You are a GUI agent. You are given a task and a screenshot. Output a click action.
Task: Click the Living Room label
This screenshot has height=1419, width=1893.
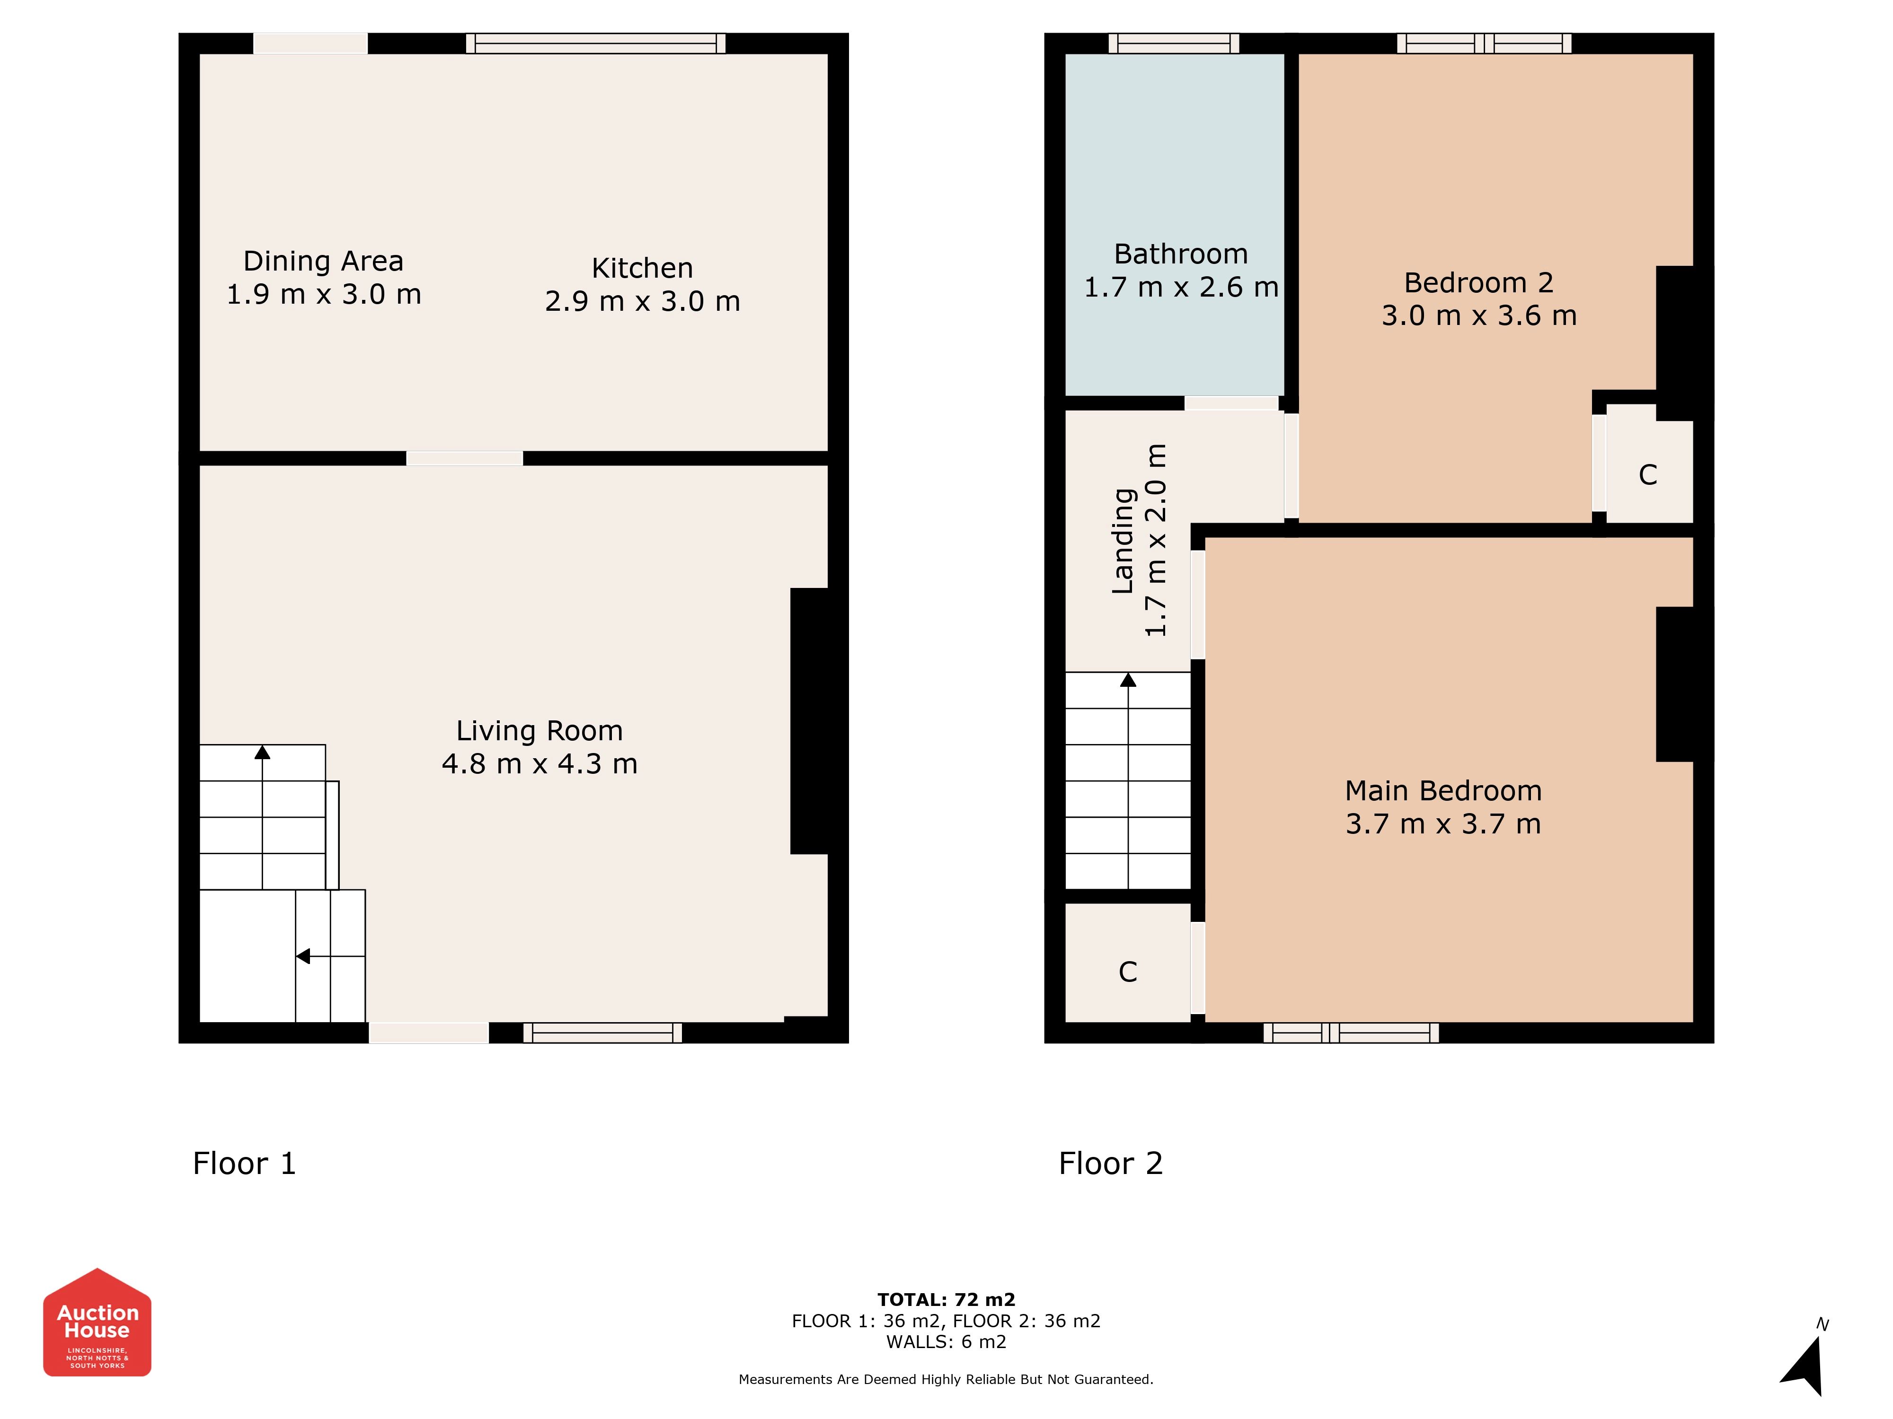539,730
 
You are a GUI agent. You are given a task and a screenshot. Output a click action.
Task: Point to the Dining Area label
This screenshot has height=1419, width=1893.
324,261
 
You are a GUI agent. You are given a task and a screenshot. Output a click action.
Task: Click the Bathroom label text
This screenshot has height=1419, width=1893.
1181,254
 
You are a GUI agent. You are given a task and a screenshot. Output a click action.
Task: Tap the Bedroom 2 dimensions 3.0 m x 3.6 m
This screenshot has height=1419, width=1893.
1479,315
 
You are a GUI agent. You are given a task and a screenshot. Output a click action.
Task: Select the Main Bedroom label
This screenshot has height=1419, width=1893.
1444,790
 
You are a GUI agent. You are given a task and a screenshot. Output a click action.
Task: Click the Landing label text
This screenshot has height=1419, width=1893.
1123,541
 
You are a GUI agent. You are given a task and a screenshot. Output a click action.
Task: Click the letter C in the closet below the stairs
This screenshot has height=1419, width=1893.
1128,972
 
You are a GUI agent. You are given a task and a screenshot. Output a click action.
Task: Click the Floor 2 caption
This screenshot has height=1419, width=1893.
1111,1163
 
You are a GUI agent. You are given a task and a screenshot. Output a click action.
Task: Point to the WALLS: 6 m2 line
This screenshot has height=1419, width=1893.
946,1342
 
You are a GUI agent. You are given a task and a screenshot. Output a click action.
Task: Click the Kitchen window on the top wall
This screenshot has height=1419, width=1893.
596,43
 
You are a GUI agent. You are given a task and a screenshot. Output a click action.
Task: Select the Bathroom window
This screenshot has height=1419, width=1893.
1174,43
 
